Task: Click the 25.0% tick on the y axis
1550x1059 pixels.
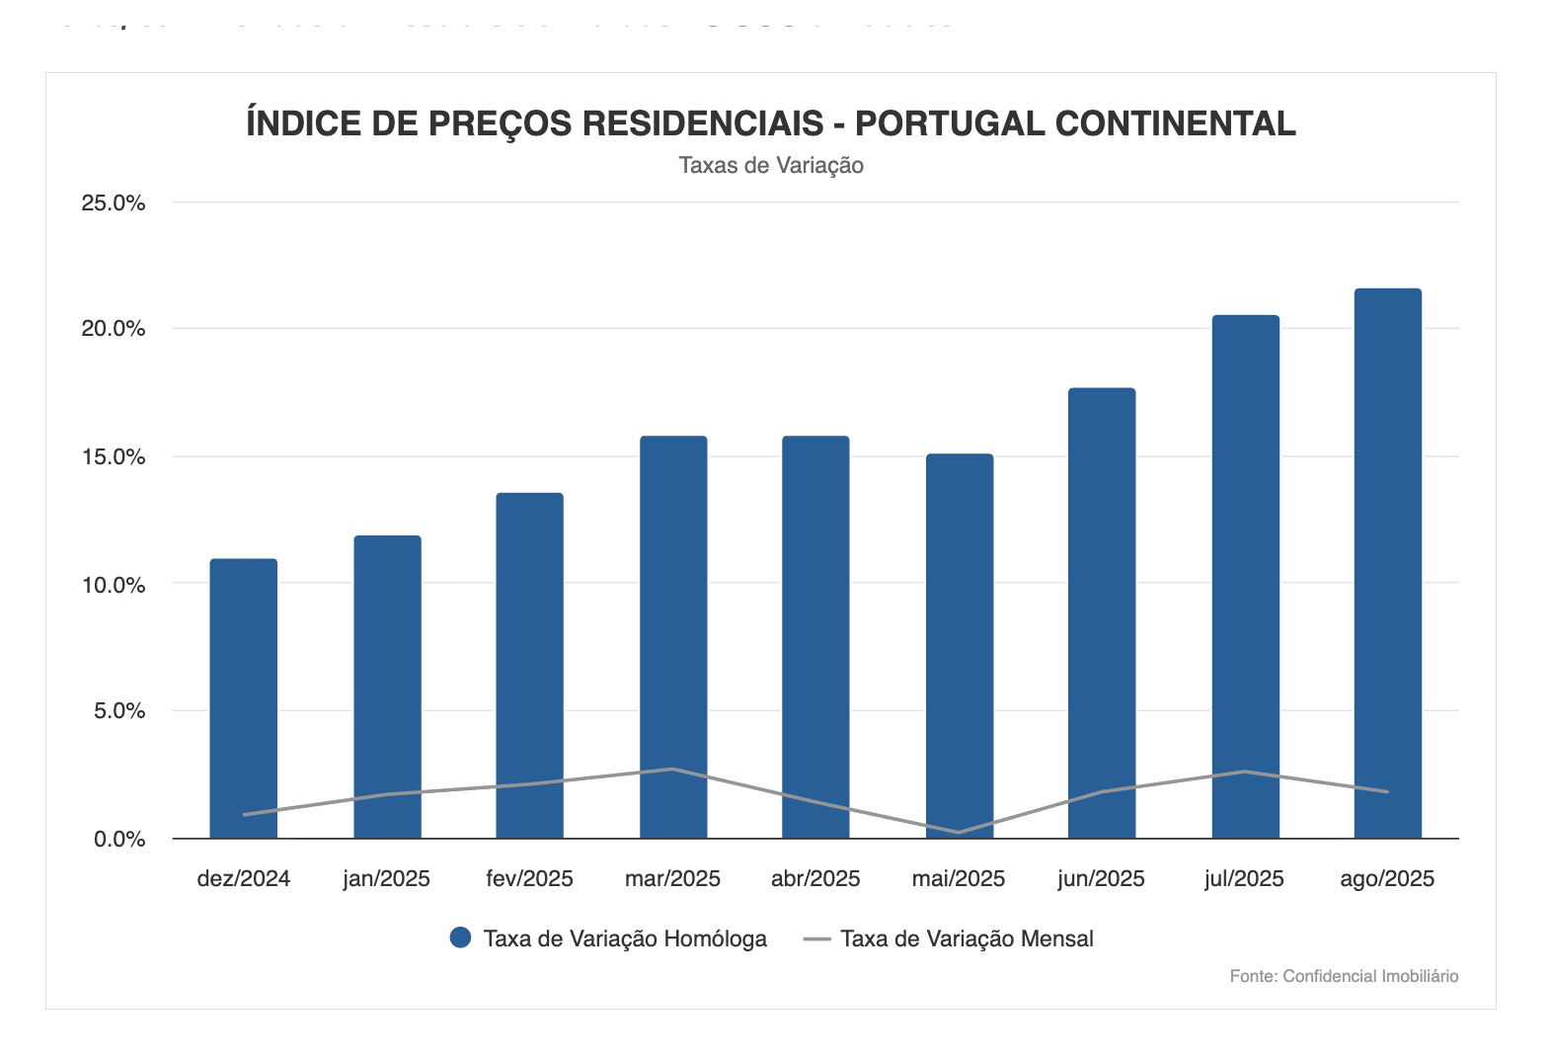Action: coord(114,204)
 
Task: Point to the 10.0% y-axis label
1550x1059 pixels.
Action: coord(114,585)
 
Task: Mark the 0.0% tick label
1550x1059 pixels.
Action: coord(119,840)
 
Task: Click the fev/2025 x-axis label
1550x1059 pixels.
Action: coord(529,879)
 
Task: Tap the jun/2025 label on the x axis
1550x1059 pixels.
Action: coord(1101,879)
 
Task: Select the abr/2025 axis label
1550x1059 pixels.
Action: coord(815,879)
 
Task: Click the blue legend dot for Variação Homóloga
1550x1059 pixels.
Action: coord(460,938)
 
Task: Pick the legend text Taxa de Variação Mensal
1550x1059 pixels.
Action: coord(967,938)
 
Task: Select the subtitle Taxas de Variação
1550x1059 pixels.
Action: coord(771,166)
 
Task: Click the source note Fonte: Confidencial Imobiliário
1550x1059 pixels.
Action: coord(1344,976)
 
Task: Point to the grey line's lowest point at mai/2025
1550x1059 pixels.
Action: coord(959,833)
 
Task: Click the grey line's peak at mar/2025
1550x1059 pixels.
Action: coord(673,769)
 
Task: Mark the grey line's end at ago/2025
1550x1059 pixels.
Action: coord(1387,791)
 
